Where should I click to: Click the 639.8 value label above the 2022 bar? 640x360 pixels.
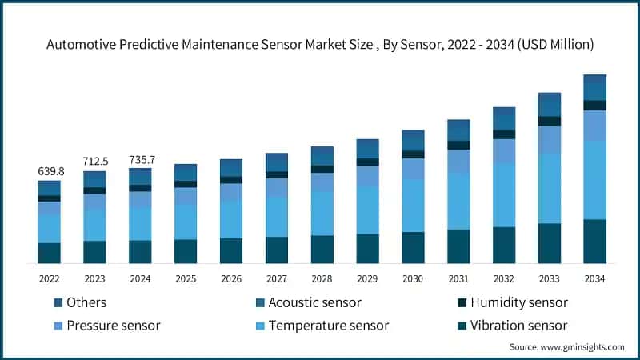pos(49,171)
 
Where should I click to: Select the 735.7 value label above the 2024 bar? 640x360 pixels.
pos(140,159)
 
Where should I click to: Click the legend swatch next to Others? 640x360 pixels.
pos(58,303)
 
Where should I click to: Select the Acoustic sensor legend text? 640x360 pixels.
pos(314,302)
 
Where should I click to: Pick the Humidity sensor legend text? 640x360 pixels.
pos(520,302)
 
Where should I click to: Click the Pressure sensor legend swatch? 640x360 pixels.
pos(58,326)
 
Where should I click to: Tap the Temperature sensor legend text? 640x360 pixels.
pos(329,326)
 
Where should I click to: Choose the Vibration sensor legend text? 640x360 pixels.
pos(519,326)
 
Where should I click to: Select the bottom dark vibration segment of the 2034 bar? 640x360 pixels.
pos(594,241)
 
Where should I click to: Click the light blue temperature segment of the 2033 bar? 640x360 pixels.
pos(549,188)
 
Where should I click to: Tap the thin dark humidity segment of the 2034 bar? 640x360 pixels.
pos(594,105)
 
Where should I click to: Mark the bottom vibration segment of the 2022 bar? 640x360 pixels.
pos(49,253)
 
